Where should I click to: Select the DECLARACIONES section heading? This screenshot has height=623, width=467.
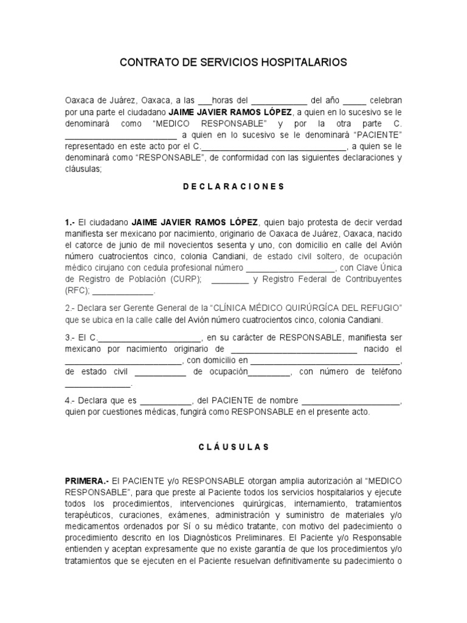click(x=233, y=187)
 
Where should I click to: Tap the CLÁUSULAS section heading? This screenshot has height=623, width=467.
click(x=233, y=447)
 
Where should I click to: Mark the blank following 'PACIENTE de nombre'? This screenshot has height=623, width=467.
click(x=351, y=401)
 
